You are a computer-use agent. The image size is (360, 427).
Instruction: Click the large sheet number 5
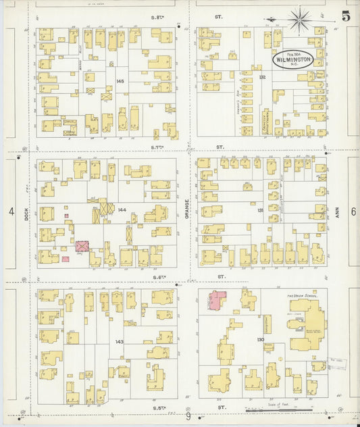[x=345, y=16]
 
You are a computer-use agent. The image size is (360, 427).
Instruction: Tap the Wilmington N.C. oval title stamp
[x=293, y=60]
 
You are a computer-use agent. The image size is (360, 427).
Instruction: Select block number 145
[x=120, y=81]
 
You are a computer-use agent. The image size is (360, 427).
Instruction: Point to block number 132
[x=262, y=78]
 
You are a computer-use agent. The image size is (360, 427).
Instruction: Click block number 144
[x=122, y=210]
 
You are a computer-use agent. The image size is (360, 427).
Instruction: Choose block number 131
[x=260, y=210]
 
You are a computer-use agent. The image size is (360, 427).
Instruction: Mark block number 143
[x=120, y=341]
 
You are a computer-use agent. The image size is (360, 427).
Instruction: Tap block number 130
[x=260, y=339]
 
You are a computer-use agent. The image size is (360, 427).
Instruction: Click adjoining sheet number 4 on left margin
[x=11, y=212]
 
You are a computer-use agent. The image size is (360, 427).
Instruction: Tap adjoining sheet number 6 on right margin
[x=353, y=212]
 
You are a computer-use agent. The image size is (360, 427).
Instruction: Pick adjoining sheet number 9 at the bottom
[x=188, y=417]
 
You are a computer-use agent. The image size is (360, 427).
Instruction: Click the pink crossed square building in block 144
[x=82, y=247]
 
